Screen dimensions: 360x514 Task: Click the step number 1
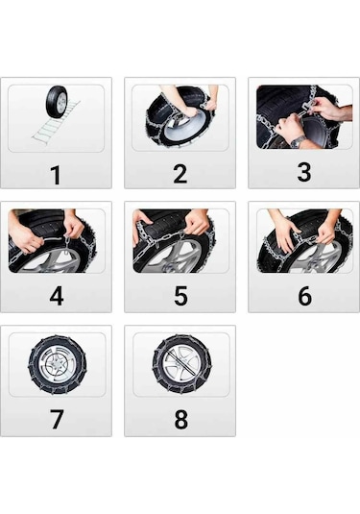point(56,175)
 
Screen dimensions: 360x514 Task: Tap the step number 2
point(180,174)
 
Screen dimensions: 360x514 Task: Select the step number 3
point(304,172)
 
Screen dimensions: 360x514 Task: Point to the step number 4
point(57,296)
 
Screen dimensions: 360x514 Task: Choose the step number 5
point(180,296)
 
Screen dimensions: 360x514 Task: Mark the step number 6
point(304,296)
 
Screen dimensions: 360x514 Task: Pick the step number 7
point(57,419)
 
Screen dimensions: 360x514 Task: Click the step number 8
point(180,419)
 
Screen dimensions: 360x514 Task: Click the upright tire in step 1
point(57,102)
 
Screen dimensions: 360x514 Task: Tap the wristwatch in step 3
point(299,141)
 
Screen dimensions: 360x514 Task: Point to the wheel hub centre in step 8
point(181,363)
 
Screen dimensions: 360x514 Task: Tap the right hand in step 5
point(197,223)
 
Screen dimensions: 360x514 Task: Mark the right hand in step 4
point(74,227)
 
